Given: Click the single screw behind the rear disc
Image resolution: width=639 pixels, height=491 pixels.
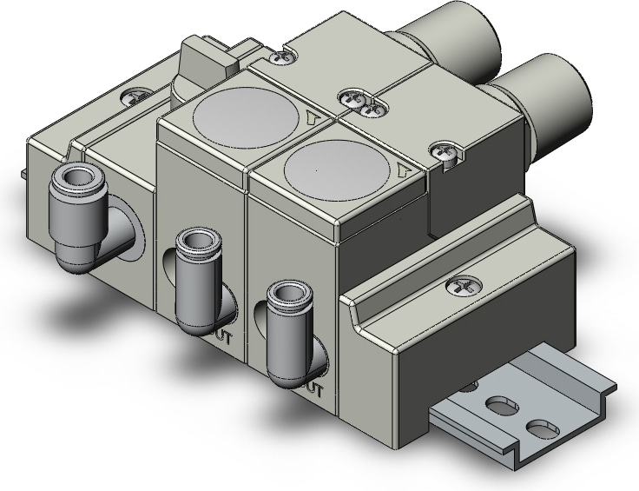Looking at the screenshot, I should coord(280,57).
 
